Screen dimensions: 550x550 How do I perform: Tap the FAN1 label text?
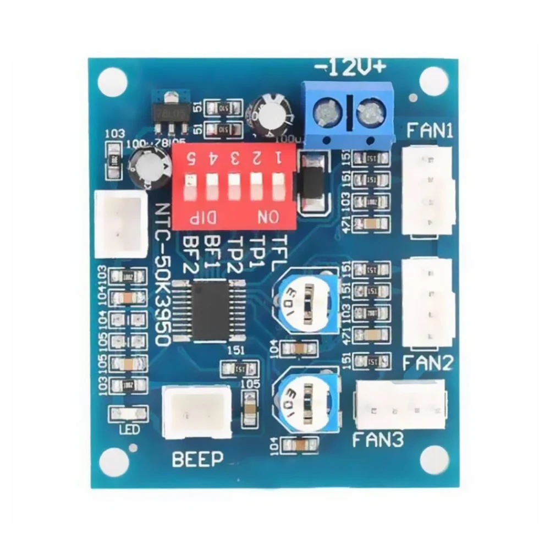click(x=430, y=131)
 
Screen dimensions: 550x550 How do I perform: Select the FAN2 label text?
click(x=428, y=363)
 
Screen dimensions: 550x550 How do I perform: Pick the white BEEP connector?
click(x=197, y=411)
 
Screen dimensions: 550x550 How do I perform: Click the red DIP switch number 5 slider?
click(x=190, y=186)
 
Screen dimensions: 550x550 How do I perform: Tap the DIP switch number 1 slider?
click(x=277, y=186)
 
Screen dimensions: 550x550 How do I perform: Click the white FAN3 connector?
click(x=400, y=405)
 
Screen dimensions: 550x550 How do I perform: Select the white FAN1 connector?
click(x=428, y=191)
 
